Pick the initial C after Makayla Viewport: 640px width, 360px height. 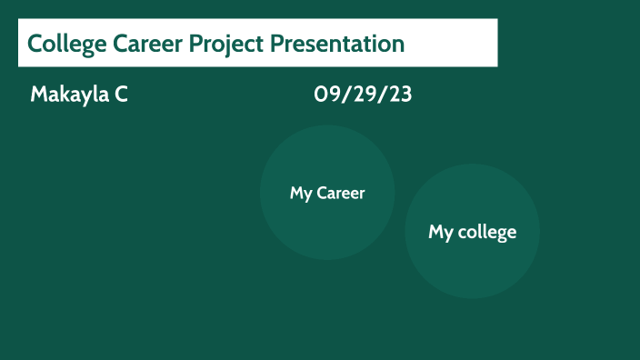(121, 94)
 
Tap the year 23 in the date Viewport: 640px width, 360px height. (400, 94)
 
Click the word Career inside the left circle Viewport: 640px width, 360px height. (340, 193)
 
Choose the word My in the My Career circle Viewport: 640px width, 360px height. (301, 193)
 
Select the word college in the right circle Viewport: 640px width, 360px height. (486, 232)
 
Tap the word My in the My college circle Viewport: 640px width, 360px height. (441, 232)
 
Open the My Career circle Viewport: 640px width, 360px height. (327, 218)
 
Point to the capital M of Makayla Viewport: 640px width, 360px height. (38, 94)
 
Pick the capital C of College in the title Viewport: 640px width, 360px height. (35, 43)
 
